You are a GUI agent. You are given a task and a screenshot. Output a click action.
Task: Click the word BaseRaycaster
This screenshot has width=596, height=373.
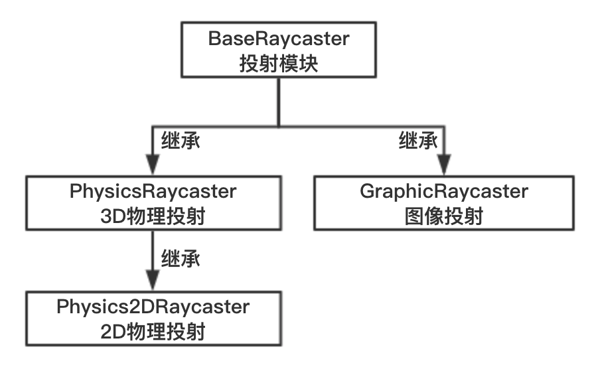(278, 39)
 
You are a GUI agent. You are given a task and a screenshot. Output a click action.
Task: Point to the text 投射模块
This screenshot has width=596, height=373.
(278, 64)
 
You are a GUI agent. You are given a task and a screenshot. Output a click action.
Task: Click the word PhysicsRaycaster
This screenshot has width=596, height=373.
(153, 192)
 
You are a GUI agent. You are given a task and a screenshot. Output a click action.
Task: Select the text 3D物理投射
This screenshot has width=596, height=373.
(153, 216)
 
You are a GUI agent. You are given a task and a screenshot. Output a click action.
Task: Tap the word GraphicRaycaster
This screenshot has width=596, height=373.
(443, 192)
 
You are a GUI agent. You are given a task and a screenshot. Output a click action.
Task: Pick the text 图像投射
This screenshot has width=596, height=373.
(443, 216)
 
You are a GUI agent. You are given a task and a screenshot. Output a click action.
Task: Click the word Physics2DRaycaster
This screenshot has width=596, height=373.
(153, 307)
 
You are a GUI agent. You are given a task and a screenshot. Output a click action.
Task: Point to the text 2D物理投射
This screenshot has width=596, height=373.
(153, 331)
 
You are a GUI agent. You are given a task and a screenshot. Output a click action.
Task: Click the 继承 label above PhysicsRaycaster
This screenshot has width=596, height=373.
(181, 141)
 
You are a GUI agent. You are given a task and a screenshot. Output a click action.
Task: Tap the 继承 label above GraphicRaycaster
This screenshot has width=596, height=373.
(418, 141)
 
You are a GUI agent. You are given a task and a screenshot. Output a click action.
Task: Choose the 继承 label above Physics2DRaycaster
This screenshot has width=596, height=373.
(181, 258)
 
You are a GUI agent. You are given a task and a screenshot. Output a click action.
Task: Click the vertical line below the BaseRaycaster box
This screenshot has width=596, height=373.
(278, 100)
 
